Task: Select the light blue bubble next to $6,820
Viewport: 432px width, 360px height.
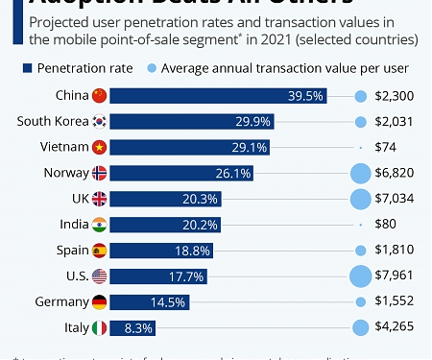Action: pyautogui.click(x=361, y=173)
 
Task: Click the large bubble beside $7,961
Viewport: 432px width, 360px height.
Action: pyautogui.click(x=361, y=276)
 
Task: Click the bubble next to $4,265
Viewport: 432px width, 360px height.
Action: pyautogui.click(x=361, y=328)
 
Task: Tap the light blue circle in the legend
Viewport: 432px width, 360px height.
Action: pyautogui.click(x=152, y=67)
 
